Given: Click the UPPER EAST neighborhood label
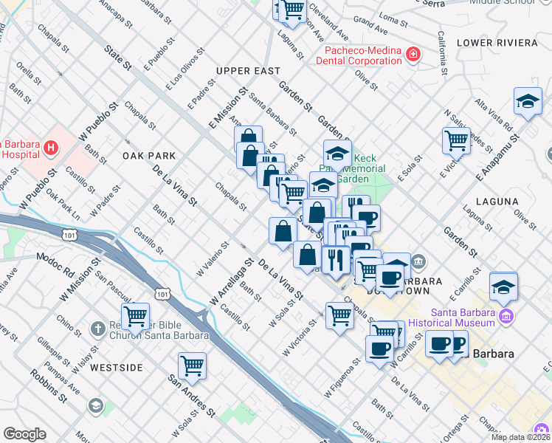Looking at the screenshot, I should [x=248, y=71].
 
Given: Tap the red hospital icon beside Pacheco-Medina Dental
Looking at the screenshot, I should [x=413, y=54].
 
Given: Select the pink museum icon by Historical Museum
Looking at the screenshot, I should [x=506, y=317].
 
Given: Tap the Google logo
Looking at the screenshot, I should [x=24, y=434].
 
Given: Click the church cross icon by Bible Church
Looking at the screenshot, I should [x=97, y=327].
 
